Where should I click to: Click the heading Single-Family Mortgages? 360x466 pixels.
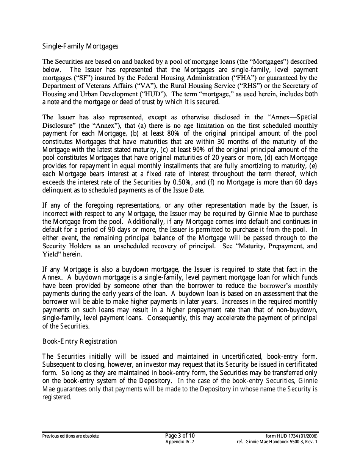pos(80,46)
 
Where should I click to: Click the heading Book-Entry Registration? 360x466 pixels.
pos(80,341)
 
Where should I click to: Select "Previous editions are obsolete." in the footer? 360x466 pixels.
pos(71,436)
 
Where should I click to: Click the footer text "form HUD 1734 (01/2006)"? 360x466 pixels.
pos(292,436)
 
